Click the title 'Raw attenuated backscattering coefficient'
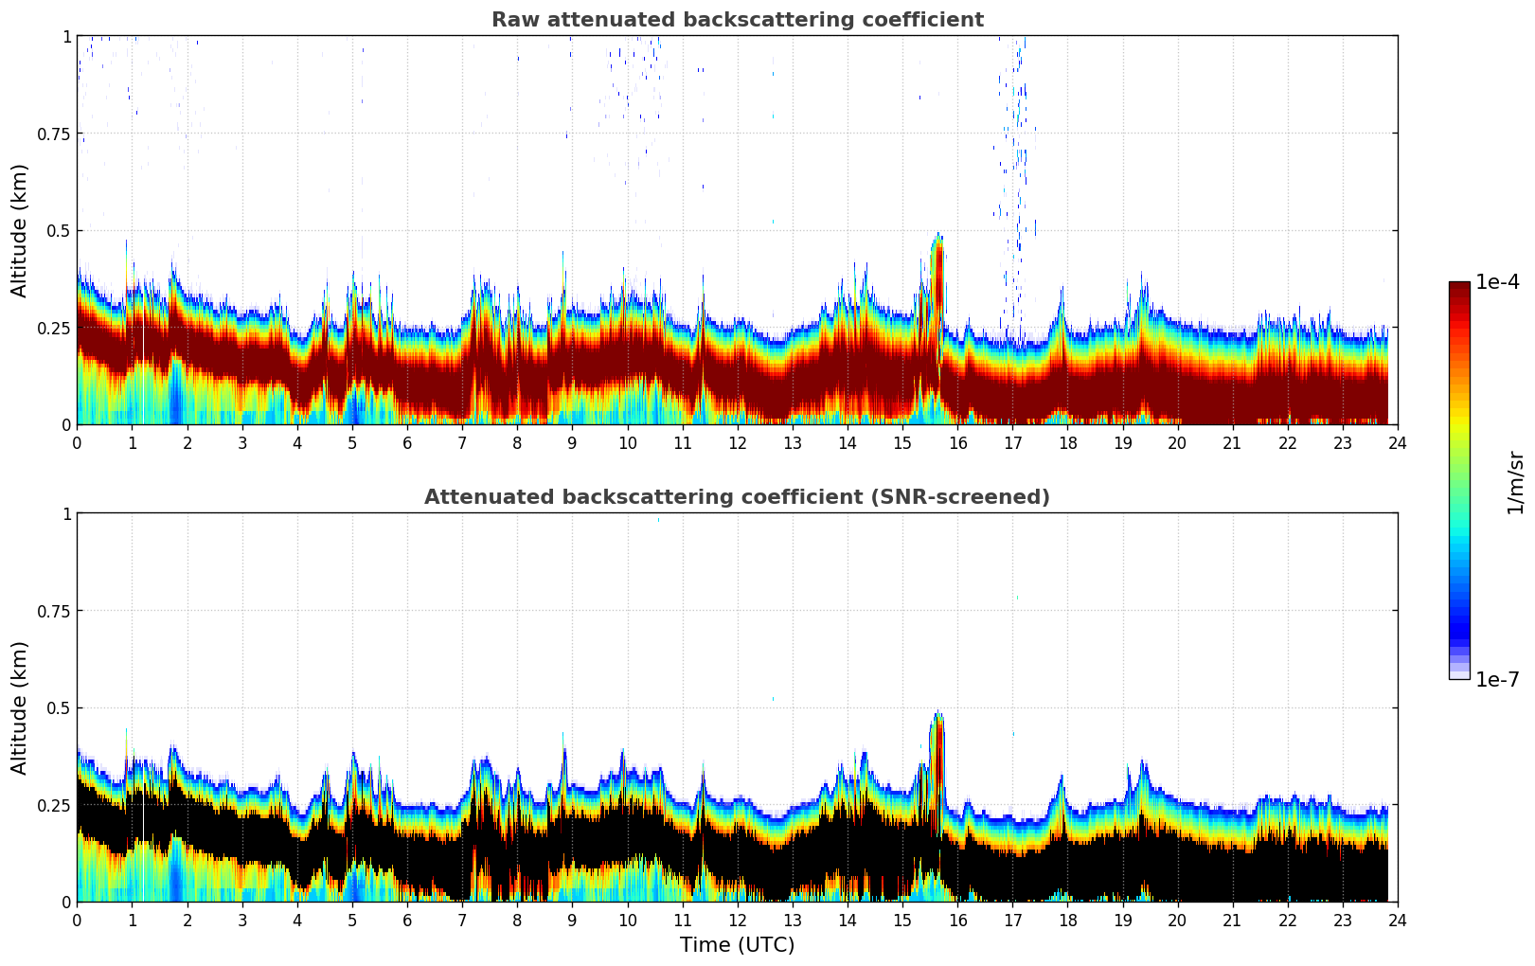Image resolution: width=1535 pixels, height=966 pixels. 737,20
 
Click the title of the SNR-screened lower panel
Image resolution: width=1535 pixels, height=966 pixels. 737,497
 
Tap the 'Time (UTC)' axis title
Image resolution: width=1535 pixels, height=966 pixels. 737,945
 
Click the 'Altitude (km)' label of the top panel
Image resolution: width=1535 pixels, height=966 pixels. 20,230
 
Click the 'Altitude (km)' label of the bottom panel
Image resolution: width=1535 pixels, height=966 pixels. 20,707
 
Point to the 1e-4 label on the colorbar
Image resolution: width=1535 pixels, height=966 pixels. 1497,282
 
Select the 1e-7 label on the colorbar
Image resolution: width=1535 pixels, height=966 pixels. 1497,680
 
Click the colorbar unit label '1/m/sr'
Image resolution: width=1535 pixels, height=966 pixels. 1515,483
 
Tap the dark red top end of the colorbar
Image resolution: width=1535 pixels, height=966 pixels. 1459,288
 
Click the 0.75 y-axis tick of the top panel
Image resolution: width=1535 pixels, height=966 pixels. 55,134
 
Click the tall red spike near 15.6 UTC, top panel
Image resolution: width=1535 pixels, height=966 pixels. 937,284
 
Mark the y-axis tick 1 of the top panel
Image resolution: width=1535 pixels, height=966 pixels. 66,36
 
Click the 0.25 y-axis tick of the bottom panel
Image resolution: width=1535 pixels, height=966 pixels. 55,805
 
